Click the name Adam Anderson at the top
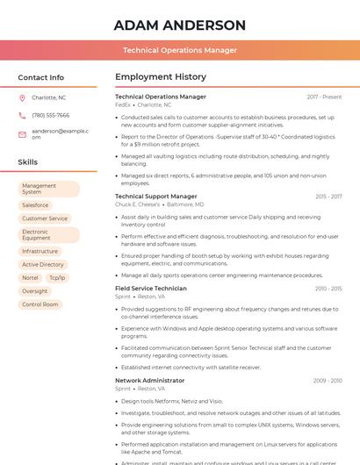(x=179, y=25)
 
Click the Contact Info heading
(x=41, y=77)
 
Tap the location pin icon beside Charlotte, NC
(x=22, y=98)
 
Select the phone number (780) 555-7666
(x=50, y=115)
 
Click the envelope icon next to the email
(x=22, y=131)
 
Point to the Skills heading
(x=28, y=162)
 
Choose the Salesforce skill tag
(x=35, y=204)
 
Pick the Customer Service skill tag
(x=45, y=218)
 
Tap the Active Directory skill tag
(x=43, y=264)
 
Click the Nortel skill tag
(x=30, y=277)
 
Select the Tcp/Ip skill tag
(x=57, y=277)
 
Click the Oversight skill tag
(x=35, y=291)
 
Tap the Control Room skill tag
(x=40, y=304)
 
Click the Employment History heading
(x=161, y=77)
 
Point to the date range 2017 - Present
(x=324, y=97)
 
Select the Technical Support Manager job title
(x=156, y=197)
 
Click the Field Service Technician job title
(x=151, y=289)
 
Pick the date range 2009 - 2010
(x=328, y=381)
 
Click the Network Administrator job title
(x=150, y=381)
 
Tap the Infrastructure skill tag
(x=40, y=251)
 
